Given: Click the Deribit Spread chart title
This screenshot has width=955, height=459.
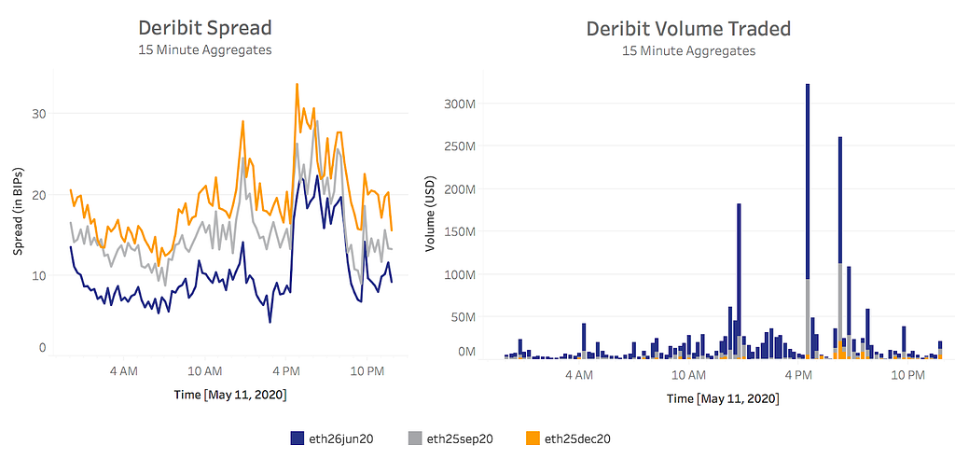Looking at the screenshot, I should (x=205, y=28).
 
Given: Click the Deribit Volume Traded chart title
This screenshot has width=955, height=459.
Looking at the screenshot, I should (x=688, y=28).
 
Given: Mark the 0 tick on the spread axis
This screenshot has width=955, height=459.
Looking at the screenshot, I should (x=43, y=348).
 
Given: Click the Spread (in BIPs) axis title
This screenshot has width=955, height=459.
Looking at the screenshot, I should (x=18, y=209).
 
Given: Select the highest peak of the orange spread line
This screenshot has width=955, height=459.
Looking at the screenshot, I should (x=297, y=84).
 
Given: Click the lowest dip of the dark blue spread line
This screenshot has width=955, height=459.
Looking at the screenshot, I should (x=270, y=322).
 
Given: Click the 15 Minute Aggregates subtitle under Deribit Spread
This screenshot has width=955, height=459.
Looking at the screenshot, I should (x=205, y=49).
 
